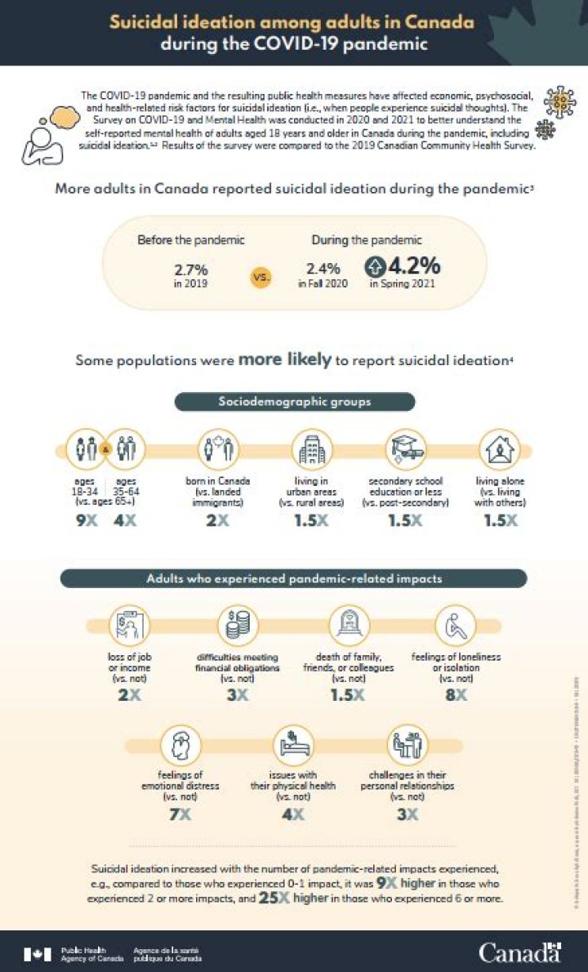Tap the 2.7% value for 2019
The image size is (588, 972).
pyautogui.click(x=191, y=268)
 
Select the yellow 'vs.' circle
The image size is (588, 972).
pyautogui.click(x=261, y=277)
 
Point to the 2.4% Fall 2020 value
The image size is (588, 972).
pyautogui.click(x=322, y=268)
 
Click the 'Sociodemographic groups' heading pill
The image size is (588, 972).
pyautogui.click(x=295, y=402)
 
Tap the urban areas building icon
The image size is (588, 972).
pyautogui.click(x=311, y=449)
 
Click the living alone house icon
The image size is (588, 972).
pyautogui.click(x=497, y=449)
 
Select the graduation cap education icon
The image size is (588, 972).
pyautogui.click(x=405, y=448)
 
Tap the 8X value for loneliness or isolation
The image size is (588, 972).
pyautogui.click(x=456, y=694)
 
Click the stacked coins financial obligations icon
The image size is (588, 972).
pyautogui.click(x=239, y=626)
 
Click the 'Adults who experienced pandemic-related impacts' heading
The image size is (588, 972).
pyautogui.click(x=294, y=578)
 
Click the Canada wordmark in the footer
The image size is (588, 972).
pyautogui.click(x=519, y=952)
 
